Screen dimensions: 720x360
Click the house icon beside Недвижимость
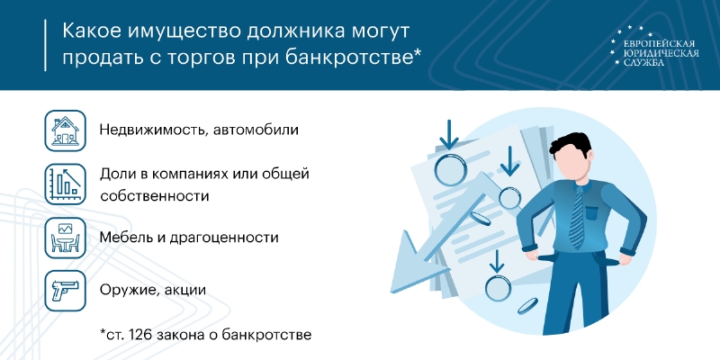[65, 130]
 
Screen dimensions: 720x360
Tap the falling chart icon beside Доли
[65, 184]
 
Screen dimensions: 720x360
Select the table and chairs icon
[65, 238]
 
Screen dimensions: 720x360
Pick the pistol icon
[65, 290]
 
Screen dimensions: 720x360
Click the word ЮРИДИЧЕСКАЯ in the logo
[661, 53]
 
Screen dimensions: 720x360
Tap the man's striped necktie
[576, 215]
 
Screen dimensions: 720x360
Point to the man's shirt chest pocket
[593, 213]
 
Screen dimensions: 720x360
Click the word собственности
[155, 196]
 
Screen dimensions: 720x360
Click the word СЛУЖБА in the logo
[643, 62]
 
